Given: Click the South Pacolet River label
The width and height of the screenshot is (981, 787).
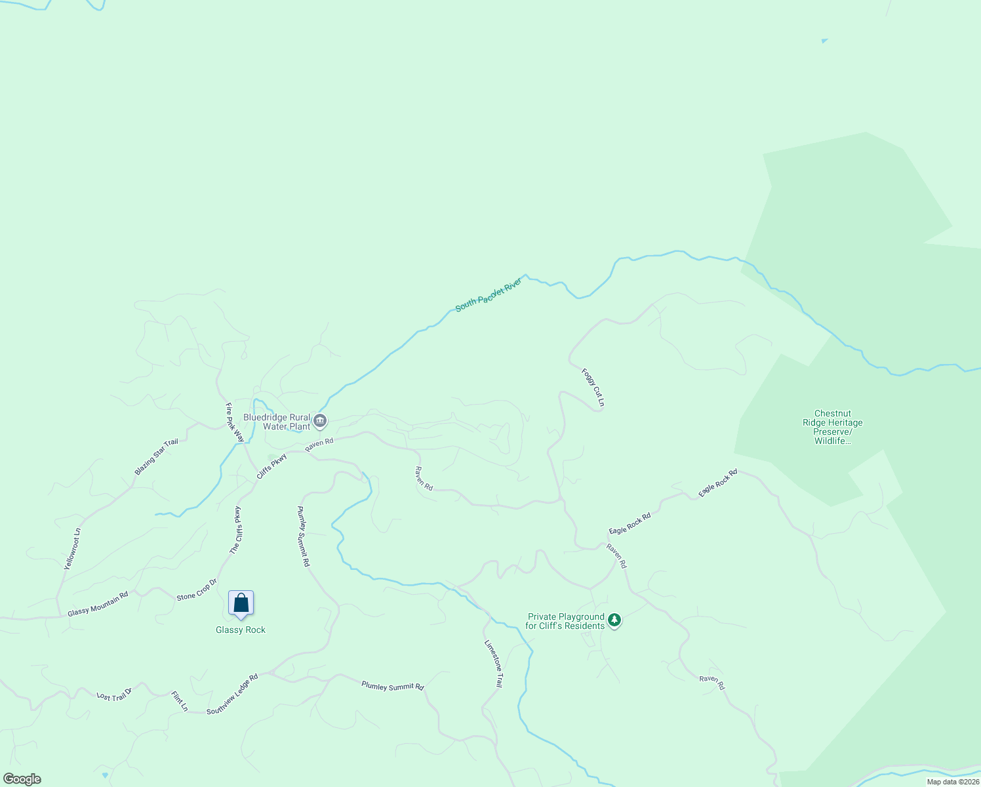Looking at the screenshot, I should [x=489, y=294].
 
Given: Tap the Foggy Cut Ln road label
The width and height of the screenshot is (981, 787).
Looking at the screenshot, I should [x=593, y=387].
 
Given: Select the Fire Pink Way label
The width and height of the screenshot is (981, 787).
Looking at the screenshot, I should [x=234, y=422].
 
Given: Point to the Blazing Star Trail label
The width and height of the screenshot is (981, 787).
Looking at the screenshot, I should [x=156, y=457].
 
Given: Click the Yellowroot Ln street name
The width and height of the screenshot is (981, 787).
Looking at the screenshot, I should [x=72, y=548].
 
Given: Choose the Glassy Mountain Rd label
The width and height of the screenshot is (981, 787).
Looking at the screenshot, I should [x=98, y=603].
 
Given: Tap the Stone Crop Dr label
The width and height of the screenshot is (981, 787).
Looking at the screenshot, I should [x=196, y=590].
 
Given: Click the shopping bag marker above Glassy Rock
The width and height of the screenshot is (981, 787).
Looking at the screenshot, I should [x=241, y=603].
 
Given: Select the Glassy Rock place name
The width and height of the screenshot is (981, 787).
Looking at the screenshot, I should [x=241, y=630].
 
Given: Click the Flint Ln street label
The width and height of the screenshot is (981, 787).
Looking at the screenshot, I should [x=179, y=701].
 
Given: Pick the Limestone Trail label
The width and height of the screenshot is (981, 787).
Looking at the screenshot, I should [x=493, y=664].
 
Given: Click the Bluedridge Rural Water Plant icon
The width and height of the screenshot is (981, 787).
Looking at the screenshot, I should [x=320, y=421].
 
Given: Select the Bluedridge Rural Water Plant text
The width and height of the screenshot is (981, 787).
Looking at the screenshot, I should [x=277, y=422].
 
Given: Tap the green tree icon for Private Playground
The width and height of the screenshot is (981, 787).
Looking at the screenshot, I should [x=614, y=620].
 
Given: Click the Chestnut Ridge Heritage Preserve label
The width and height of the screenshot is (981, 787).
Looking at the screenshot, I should [x=833, y=427].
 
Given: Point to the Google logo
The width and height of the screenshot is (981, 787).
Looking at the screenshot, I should [x=22, y=779].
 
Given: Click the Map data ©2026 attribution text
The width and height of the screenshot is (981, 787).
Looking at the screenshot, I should [x=953, y=782].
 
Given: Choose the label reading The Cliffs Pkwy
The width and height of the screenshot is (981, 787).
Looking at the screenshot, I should [x=236, y=531].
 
